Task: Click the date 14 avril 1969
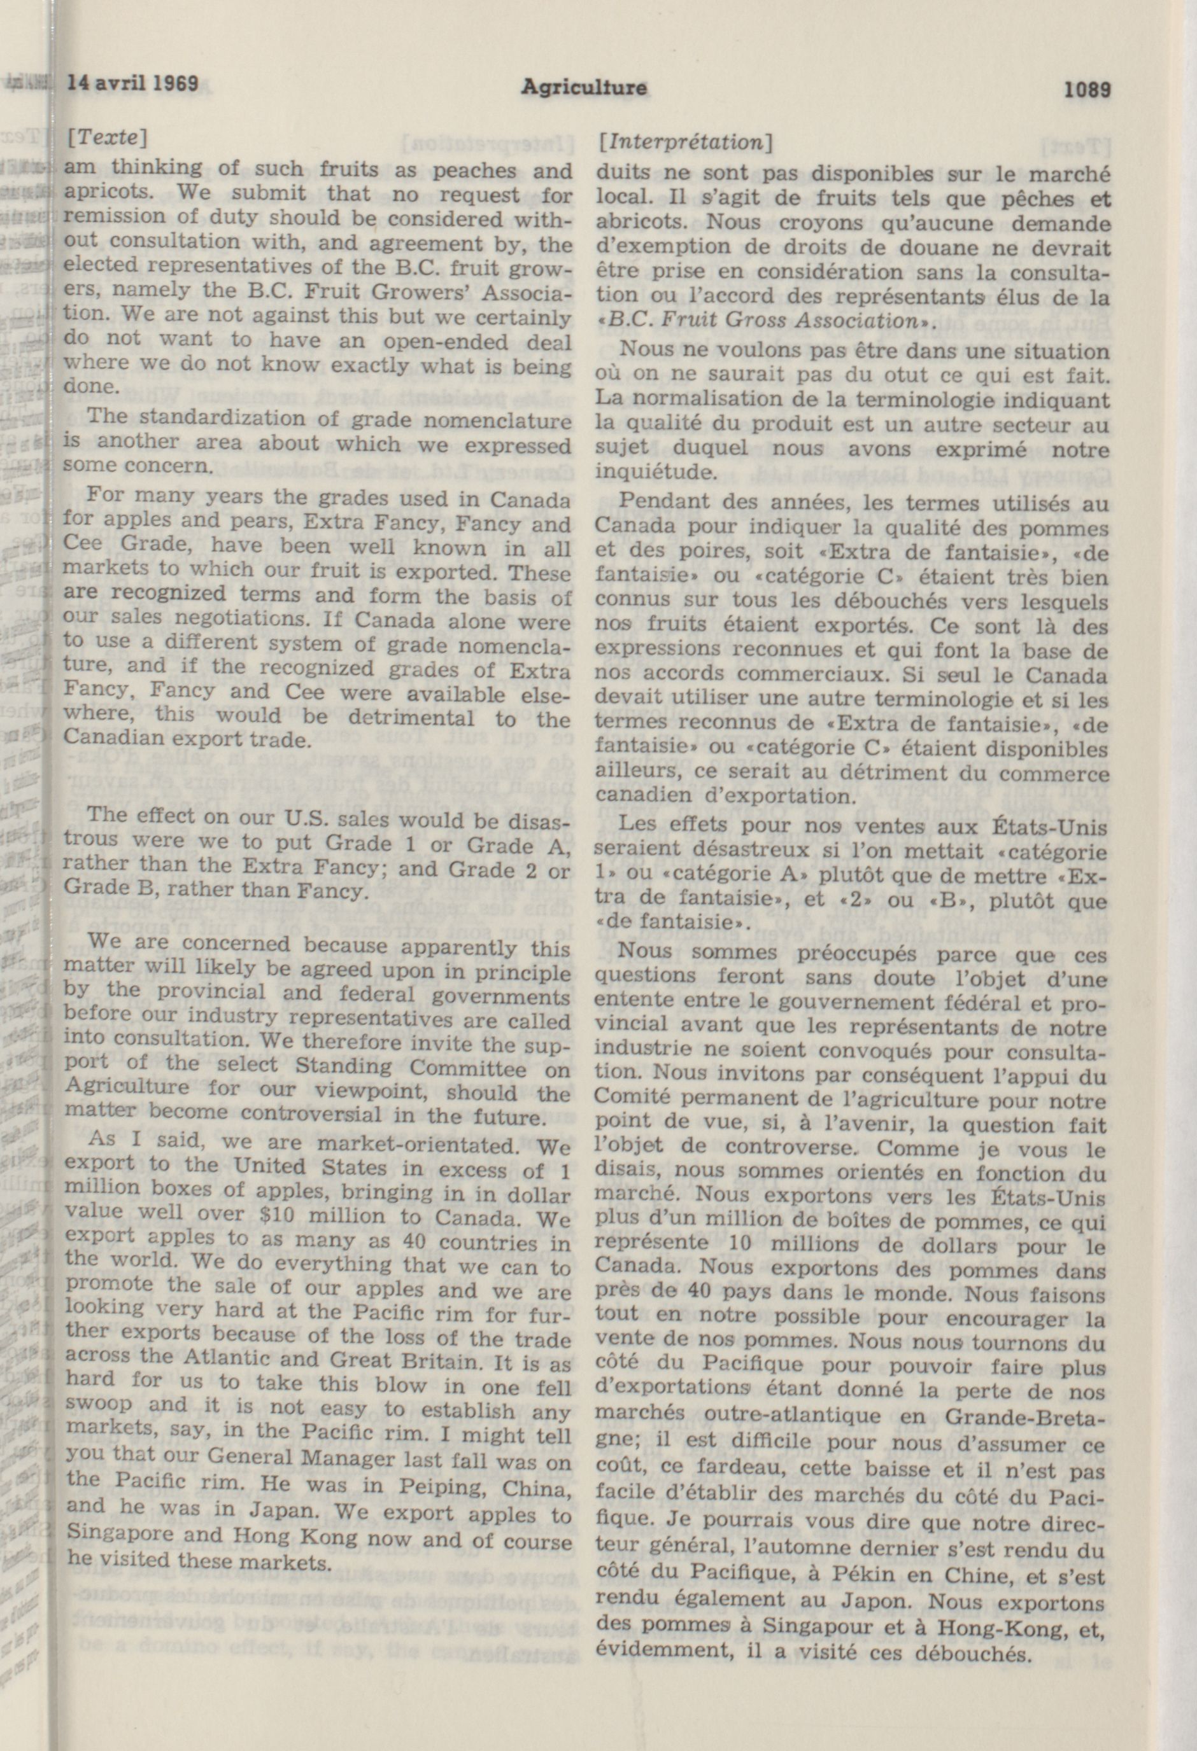tap(132, 83)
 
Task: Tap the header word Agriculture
tap(583, 87)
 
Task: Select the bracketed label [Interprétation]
tap(684, 142)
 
